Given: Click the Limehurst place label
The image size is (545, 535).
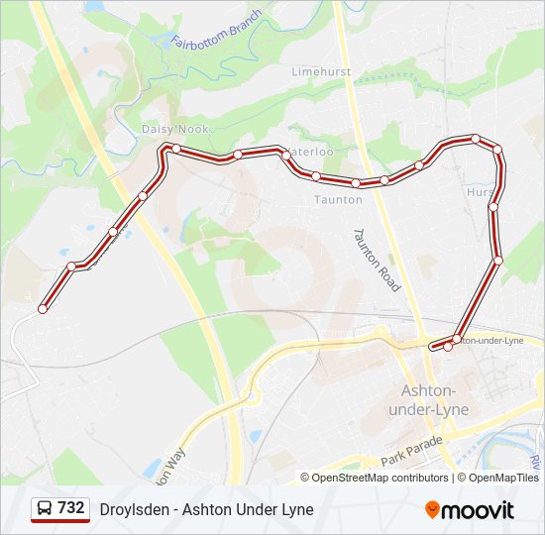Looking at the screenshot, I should [321, 71].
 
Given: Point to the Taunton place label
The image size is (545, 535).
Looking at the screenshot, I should [338, 199].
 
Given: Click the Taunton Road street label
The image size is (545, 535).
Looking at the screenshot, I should [378, 260].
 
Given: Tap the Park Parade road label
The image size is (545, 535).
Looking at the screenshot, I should [409, 458].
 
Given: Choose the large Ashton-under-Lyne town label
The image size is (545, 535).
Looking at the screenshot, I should [434, 399].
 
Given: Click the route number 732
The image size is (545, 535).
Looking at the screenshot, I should [71, 508].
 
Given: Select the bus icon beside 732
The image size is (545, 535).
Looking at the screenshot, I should [45, 508].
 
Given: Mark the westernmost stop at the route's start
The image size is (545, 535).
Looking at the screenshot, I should [43, 309].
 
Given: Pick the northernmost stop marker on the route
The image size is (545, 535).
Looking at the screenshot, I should [476, 139].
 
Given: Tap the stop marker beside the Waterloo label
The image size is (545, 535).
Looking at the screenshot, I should [286, 155].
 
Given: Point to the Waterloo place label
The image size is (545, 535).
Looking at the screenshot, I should [311, 152].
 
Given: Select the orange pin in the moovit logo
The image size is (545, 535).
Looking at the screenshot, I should [433, 509].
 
